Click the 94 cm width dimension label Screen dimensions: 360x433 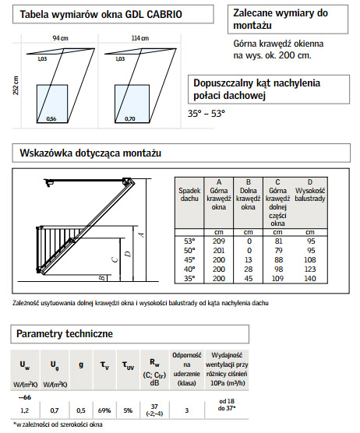(60, 38)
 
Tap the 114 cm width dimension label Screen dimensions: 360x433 (139, 38)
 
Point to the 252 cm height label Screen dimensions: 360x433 (16, 86)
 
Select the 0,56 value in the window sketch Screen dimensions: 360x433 (51, 118)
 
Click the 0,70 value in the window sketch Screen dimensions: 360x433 (130, 118)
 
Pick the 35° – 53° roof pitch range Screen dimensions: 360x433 (206, 113)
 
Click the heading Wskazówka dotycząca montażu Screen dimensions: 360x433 (90, 153)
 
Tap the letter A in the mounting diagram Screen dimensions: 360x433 (141, 234)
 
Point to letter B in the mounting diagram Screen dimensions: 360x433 (102, 278)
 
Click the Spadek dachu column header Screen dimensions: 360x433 (189, 195)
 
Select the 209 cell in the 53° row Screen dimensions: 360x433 (219, 241)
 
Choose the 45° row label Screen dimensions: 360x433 (189, 260)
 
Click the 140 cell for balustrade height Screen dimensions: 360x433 (309, 278)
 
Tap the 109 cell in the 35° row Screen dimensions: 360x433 (277, 278)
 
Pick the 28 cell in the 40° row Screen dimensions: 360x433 (248, 269)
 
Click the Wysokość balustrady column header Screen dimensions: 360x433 (309, 195)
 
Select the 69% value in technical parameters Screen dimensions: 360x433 (104, 410)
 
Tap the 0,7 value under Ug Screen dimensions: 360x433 (55, 410)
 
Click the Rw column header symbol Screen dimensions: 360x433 (154, 363)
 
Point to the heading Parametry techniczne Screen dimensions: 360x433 (65, 333)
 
